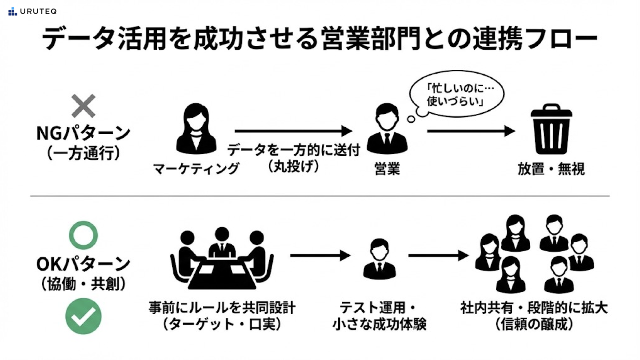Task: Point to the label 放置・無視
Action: (551, 169)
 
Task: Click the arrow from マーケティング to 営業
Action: (293, 131)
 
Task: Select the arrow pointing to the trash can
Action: (471, 131)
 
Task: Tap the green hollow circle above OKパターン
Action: (83, 235)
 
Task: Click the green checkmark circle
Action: (84, 316)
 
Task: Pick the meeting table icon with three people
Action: (222, 258)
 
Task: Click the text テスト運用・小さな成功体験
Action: (379, 316)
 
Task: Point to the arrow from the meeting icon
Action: (320, 255)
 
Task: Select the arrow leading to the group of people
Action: (438, 255)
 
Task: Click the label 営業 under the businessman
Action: (386, 169)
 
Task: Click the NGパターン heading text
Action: (84, 133)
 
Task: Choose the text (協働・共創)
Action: (84, 284)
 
